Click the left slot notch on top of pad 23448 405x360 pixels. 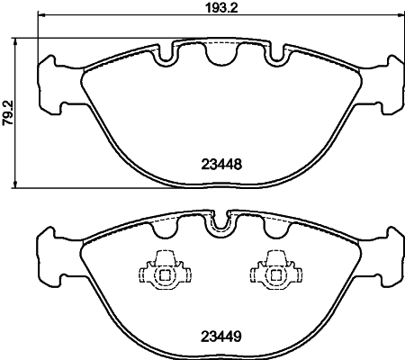click(x=166, y=57)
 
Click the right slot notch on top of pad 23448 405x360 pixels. click(x=269, y=57)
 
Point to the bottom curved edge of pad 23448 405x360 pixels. click(x=216, y=184)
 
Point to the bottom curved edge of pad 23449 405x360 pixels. click(x=216, y=355)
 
